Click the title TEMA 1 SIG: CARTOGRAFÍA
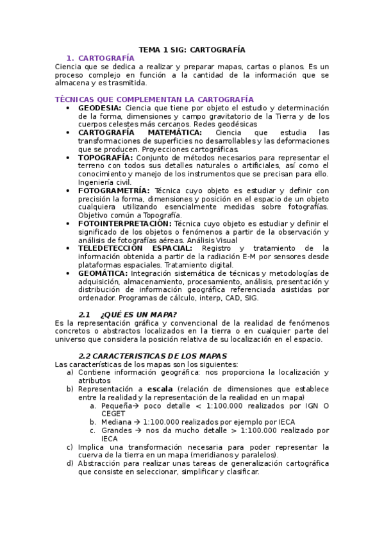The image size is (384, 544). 192,49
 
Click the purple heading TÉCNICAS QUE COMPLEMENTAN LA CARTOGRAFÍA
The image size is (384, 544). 154,99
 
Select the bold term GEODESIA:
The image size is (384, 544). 99,108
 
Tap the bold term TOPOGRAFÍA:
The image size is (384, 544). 105,157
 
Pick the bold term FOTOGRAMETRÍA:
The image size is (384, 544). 113,191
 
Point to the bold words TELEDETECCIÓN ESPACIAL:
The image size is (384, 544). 135,248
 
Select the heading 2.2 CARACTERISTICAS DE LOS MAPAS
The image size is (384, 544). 152,355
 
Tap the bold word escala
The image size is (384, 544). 160,389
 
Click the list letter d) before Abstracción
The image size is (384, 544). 70,463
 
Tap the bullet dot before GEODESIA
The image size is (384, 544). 69,108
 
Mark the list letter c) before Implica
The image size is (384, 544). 70,447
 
